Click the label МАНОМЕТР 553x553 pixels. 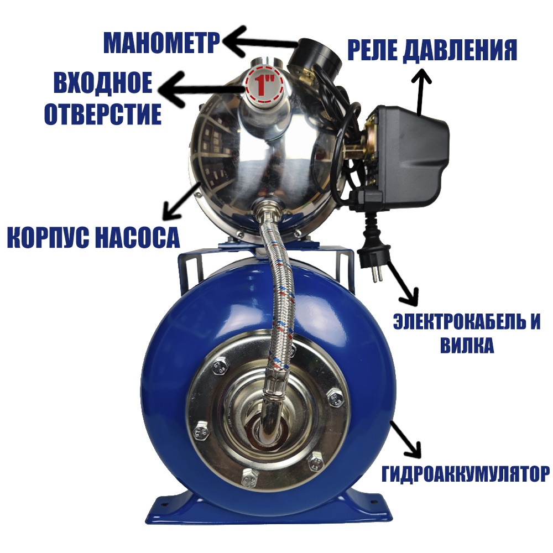pos(161,43)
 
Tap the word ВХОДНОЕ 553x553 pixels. pos(103,82)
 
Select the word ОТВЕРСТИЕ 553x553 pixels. pos(103,114)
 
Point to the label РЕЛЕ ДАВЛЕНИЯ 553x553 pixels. pos(432,50)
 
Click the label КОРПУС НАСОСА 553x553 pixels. pos(93,237)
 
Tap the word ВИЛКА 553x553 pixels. pos(467,345)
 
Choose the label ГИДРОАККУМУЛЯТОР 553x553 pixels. pos(466,474)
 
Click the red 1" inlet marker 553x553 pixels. pos(264,85)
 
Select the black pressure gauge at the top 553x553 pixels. pos(315,56)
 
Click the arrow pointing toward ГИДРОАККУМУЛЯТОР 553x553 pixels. pos(405,440)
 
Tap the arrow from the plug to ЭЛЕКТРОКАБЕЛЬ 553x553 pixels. pos(403,284)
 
